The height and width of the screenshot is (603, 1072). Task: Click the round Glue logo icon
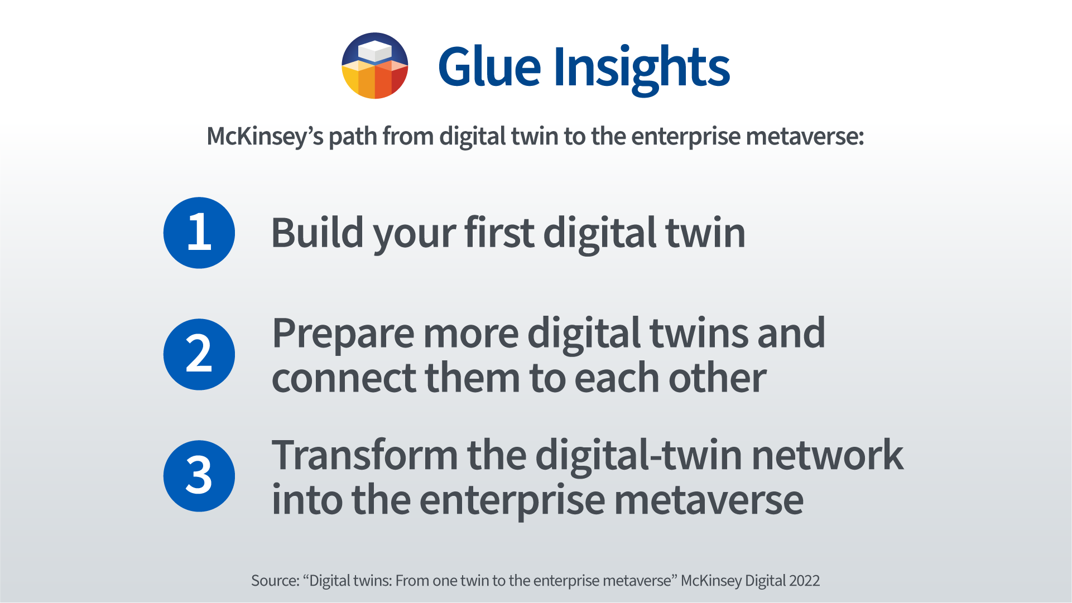click(x=375, y=66)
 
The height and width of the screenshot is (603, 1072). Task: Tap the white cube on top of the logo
click(x=375, y=51)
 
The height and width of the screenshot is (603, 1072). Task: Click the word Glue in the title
click(x=489, y=67)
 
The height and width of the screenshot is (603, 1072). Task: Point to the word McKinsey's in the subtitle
click(x=265, y=137)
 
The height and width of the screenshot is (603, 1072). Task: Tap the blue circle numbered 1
click(x=199, y=233)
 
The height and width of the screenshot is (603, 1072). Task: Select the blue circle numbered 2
click(x=199, y=354)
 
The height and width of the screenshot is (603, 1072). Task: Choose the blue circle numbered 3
click(x=199, y=476)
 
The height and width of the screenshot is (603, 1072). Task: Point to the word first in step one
click(x=499, y=232)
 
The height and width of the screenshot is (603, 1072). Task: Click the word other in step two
click(x=717, y=377)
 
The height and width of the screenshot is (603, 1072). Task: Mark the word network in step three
click(x=828, y=455)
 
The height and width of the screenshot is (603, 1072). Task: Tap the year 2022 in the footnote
click(x=805, y=581)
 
